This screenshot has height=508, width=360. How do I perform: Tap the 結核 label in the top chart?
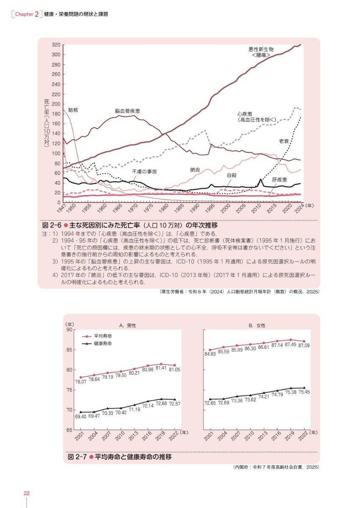click(x=73, y=110)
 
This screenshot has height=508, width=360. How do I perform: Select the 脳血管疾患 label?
click(x=127, y=110)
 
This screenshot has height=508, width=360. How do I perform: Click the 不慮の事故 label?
click(x=144, y=172)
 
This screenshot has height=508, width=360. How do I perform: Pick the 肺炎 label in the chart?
click(x=195, y=170)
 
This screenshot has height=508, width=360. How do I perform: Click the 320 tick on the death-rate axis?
click(x=55, y=44)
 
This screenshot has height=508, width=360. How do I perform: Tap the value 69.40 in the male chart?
click(x=81, y=417)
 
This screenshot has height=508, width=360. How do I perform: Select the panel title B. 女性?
click(x=256, y=325)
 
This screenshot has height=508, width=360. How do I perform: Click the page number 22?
click(x=26, y=493)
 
